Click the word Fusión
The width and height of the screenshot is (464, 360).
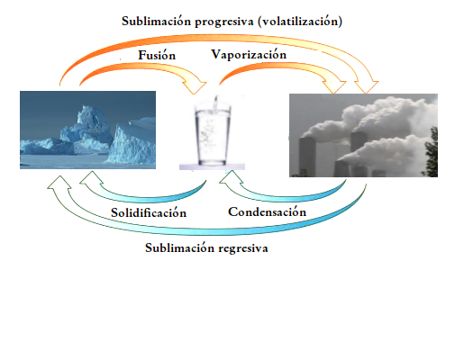(157, 55)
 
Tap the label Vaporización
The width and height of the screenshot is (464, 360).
(249, 54)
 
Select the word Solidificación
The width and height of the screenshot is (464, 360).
(149, 212)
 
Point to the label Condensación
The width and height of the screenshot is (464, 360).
(267, 211)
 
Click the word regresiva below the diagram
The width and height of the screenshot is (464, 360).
(243, 248)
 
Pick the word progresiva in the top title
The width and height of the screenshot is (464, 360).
(224, 22)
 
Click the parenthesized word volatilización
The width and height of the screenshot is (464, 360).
(300, 22)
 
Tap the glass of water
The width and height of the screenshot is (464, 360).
(213, 133)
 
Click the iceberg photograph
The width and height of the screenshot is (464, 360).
(87, 130)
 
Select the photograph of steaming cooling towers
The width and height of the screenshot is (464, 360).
(363, 135)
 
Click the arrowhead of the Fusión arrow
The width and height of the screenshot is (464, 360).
(196, 86)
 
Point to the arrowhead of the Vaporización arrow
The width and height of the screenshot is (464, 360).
(335, 86)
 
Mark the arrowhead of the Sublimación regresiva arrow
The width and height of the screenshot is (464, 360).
(59, 184)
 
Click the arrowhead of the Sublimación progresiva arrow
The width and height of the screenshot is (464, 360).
(366, 86)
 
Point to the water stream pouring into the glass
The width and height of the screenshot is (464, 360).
(215, 103)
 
